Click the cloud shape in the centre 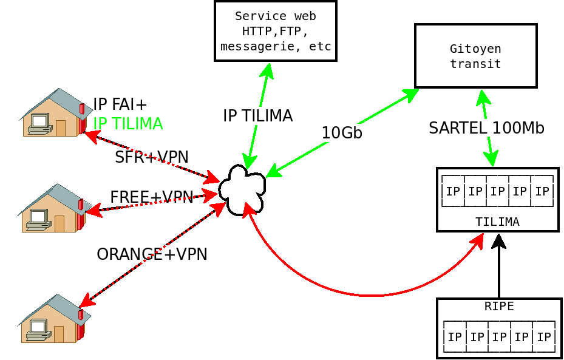click(x=242, y=189)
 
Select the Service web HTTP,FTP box click(x=275, y=31)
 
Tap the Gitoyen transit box click(x=475, y=56)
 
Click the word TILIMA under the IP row click(x=497, y=222)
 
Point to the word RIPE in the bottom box click(x=499, y=307)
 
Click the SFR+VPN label click(x=152, y=157)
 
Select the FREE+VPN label click(x=151, y=197)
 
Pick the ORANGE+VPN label click(x=152, y=254)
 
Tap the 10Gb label click(x=342, y=133)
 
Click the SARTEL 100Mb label click(x=486, y=128)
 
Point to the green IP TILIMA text click(x=127, y=124)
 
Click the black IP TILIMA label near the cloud click(x=257, y=116)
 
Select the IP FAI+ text click(x=120, y=104)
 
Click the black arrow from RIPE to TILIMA click(x=499, y=267)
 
